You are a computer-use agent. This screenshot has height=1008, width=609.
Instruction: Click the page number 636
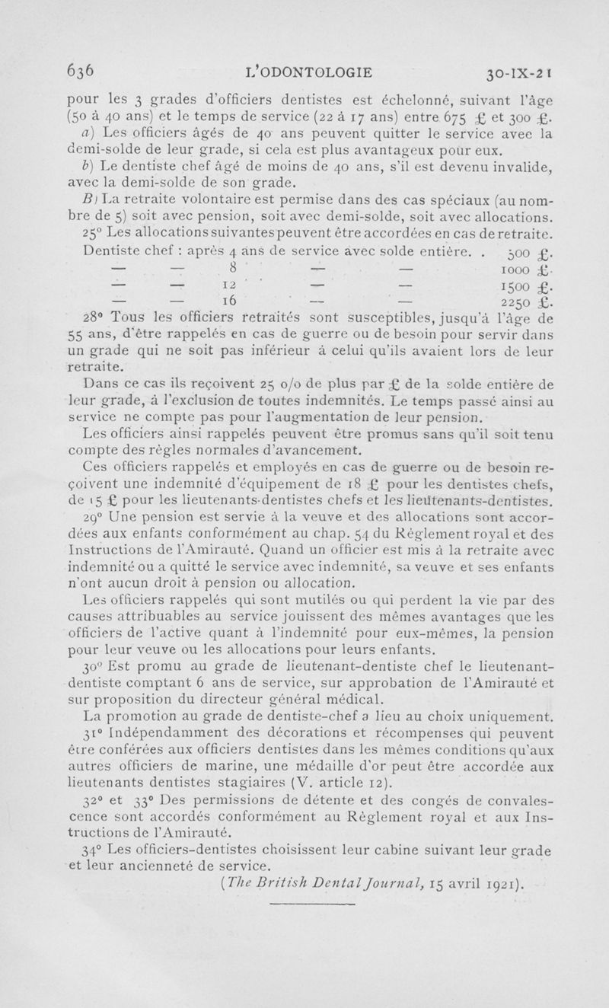click(x=80, y=72)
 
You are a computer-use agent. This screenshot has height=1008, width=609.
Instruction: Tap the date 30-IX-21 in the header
click(x=513, y=75)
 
